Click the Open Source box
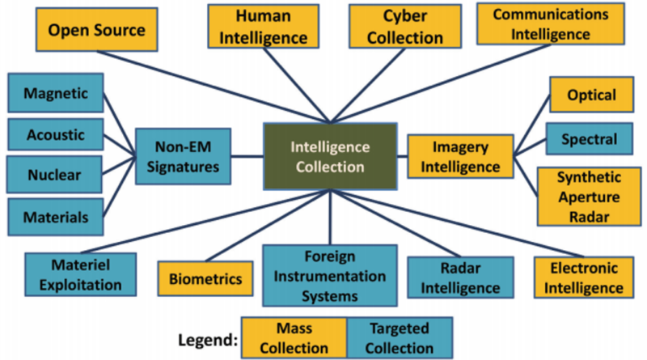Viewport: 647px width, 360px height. (x=96, y=29)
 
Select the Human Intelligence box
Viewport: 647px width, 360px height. (x=264, y=27)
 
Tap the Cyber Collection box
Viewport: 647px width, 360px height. (x=405, y=27)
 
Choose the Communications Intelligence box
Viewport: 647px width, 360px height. (x=551, y=24)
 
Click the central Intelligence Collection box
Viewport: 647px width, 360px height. (x=330, y=156)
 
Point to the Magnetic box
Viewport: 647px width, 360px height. (x=56, y=93)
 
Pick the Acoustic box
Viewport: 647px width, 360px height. (x=56, y=134)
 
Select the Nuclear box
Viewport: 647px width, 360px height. (x=54, y=174)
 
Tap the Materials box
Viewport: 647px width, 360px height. (x=56, y=217)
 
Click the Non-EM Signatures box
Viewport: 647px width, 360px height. (x=183, y=156)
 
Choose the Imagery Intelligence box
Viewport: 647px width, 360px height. (x=460, y=156)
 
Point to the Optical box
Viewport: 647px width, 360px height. (x=591, y=95)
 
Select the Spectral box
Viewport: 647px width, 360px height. (x=590, y=138)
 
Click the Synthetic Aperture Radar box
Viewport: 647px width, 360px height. (x=590, y=197)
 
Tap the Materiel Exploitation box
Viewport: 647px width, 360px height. (x=80, y=274)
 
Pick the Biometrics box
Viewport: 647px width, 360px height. (x=205, y=278)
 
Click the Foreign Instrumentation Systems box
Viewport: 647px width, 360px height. (x=330, y=276)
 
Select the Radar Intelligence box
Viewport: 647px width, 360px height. (x=460, y=277)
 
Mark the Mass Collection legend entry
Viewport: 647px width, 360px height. (x=294, y=337)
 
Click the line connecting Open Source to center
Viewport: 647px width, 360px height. (x=214, y=87)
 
